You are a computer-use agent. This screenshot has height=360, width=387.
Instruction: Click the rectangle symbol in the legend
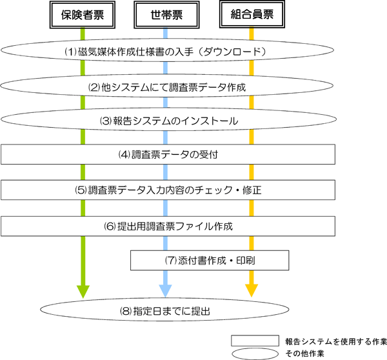coord(253,340)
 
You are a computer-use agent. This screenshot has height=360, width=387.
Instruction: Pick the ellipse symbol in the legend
coord(253,353)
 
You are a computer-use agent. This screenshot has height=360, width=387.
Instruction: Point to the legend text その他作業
coord(303,353)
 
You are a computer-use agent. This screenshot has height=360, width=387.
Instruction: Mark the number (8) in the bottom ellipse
coord(126,311)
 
